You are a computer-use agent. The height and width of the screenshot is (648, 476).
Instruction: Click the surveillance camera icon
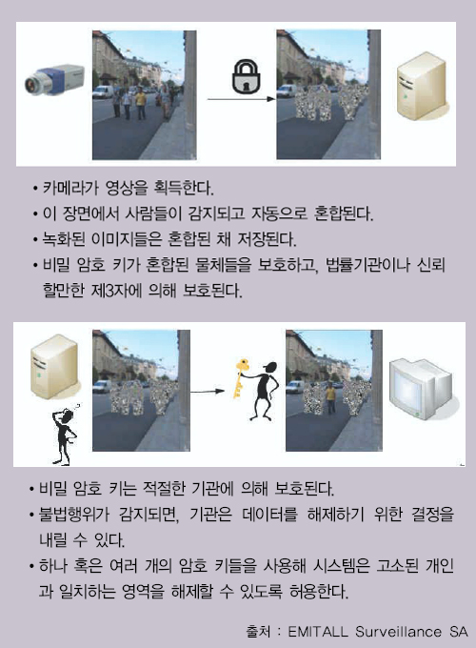(54, 79)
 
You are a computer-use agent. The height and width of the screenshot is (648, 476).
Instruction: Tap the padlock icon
(246, 76)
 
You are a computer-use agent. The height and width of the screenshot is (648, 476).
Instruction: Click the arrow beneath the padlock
(241, 99)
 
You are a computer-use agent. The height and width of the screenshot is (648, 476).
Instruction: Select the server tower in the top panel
(421, 86)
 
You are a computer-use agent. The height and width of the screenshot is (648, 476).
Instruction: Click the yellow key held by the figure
(241, 378)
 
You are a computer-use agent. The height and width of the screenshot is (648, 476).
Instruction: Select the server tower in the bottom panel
(53, 366)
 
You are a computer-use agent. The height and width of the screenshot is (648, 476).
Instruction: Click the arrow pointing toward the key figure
(208, 391)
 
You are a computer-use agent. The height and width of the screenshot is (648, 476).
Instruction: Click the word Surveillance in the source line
(398, 632)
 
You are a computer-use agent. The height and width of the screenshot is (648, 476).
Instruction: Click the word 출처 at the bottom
(258, 632)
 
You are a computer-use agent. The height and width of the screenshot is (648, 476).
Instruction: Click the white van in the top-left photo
(103, 91)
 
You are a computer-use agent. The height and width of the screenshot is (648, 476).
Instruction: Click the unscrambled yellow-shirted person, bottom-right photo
(330, 397)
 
